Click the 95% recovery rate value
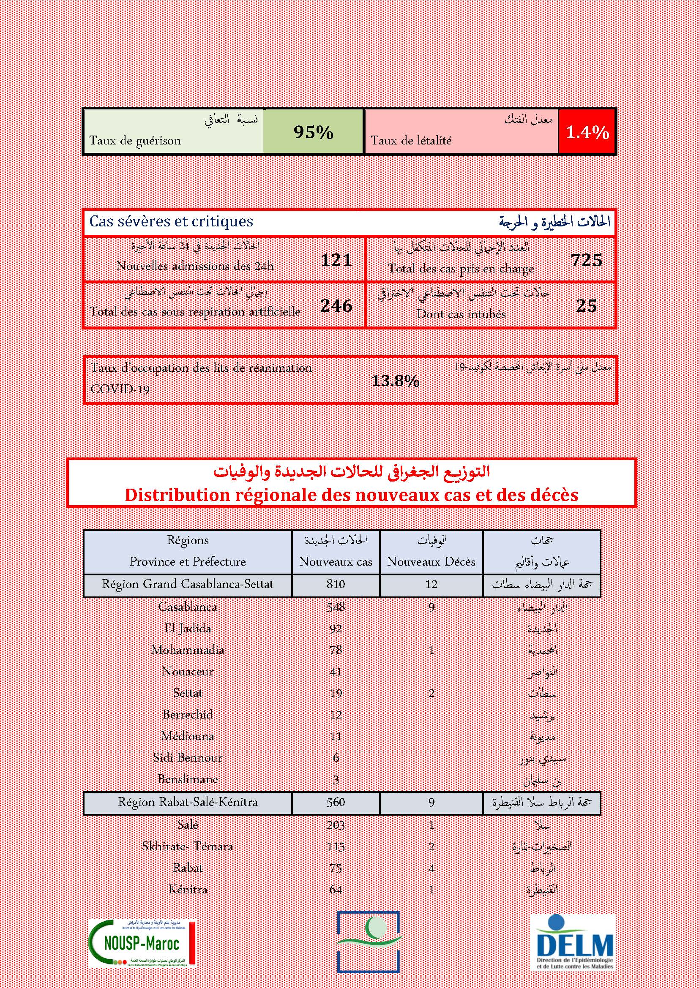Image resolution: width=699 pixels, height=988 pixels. pyautogui.click(x=313, y=132)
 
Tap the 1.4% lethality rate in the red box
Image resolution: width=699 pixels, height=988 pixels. pyautogui.click(x=587, y=132)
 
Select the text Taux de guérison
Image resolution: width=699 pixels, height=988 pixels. pyautogui.click(x=135, y=141)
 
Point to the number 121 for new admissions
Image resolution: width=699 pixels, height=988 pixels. pyautogui.click(x=336, y=260)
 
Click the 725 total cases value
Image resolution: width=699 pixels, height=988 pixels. pyautogui.click(x=586, y=260)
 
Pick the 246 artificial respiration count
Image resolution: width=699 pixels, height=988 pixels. pyautogui.click(x=336, y=305)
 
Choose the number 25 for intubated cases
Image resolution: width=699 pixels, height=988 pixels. pyautogui.click(x=586, y=305)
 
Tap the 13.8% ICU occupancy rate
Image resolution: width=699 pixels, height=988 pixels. pyautogui.click(x=395, y=381)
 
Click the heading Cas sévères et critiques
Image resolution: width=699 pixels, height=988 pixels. pyautogui.click(x=171, y=222)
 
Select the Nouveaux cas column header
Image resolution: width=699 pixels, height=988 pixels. pyautogui.click(x=336, y=561)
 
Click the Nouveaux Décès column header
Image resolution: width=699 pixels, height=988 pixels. pyautogui.click(x=431, y=561)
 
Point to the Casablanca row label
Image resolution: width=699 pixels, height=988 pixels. pyautogui.click(x=187, y=607)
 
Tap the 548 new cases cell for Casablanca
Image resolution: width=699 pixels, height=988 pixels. pyautogui.click(x=336, y=607)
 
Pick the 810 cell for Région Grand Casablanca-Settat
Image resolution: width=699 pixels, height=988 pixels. pyautogui.click(x=336, y=584)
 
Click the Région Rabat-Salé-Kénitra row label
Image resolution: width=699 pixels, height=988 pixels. pyautogui.click(x=188, y=802)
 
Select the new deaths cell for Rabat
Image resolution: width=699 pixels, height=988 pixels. pyautogui.click(x=431, y=868)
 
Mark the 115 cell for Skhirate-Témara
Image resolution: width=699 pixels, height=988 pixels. pyautogui.click(x=336, y=846)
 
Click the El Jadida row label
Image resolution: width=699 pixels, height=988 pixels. pyautogui.click(x=188, y=628)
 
